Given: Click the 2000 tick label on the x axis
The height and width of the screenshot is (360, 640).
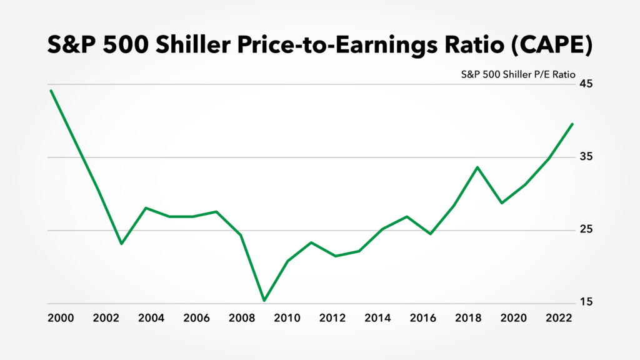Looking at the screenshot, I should click(61, 317).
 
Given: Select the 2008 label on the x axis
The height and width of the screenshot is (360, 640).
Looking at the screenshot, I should click(242, 317).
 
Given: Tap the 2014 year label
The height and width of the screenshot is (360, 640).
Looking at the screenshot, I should click(377, 317).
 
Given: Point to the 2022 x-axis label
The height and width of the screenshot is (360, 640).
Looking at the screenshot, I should click(559, 317).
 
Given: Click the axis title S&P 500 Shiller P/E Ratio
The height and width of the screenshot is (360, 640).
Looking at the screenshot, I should click(518, 73).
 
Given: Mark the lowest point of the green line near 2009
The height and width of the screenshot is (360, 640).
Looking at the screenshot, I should click(264, 301).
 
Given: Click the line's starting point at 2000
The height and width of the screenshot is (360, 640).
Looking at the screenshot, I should click(51, 91).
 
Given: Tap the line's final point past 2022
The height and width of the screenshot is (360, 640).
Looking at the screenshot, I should click(572, 124).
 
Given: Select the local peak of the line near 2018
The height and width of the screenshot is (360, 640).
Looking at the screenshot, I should click(476, 167).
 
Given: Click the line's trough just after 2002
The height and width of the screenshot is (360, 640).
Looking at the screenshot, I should click(121, 244).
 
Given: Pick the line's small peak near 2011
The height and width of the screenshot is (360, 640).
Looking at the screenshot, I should click(311, 242).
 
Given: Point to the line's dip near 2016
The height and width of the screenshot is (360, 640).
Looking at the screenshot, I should click(430, 234).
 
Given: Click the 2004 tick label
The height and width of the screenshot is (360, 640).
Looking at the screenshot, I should click(151, 317).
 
